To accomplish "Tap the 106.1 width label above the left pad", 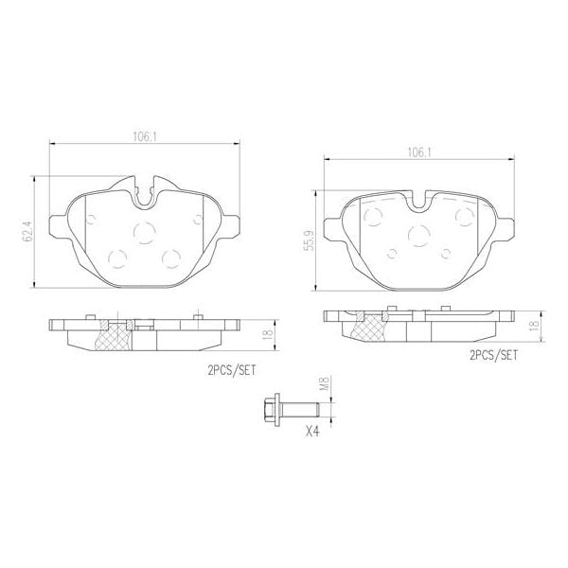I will (x=144, y=136).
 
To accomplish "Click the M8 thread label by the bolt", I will (x=323, y=385).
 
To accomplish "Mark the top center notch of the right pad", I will (x=420, y=199).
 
